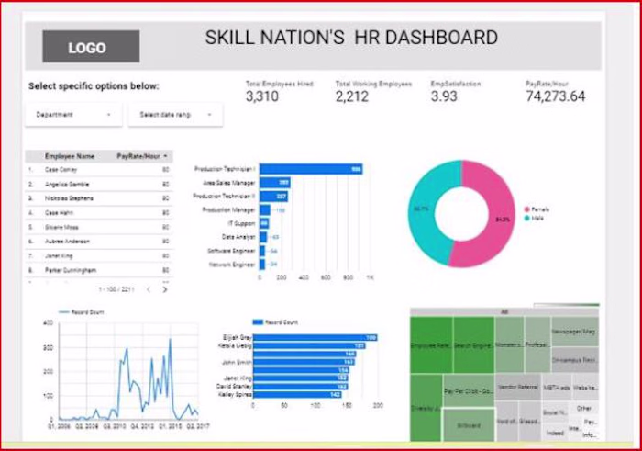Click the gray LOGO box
(91, 47)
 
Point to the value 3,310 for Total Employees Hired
(262, 96)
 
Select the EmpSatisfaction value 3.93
(444, 96)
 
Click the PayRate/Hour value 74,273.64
(555, 96)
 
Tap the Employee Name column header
(70, 157)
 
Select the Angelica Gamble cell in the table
(67, 185)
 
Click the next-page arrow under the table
(165, 289)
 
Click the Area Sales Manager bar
(274, 183)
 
